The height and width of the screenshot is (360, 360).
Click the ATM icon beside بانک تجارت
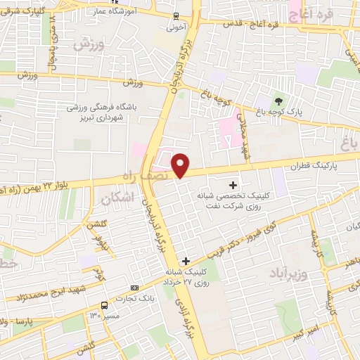(135, 288)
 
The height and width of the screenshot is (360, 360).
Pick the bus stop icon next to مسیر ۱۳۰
(105, 305)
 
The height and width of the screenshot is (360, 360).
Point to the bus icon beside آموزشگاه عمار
(176, 15)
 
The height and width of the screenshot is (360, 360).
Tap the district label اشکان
(115, 199)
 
